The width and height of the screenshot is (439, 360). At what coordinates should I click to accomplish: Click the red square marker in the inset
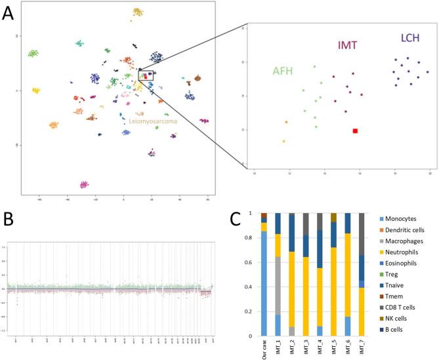tap(355, 131)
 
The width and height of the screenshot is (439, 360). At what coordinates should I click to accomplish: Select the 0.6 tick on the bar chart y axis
tap(250, 262)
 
